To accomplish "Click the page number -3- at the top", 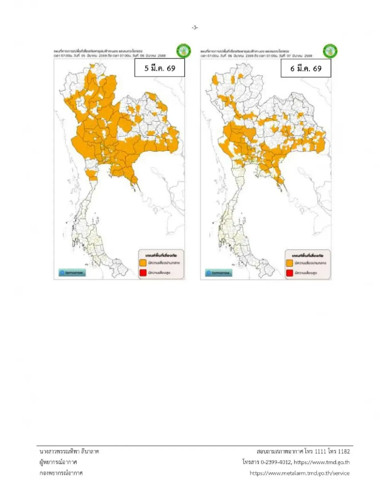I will [195, 28].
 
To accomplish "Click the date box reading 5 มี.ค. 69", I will [160, 68].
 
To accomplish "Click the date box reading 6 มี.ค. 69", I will [306, 68].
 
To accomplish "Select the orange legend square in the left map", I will [143, 263].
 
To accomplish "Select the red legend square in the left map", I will [143, 273].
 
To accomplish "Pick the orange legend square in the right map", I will [290, 263].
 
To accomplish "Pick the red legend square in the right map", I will [290, 273].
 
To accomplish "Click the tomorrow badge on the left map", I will [72, 273].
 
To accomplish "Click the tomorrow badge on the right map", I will [219, 273].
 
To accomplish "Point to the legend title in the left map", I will [161, 256].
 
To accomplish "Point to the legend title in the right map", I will [308, 256].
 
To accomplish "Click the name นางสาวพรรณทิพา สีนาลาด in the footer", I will [69, 451].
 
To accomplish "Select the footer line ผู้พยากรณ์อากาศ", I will [58, 462].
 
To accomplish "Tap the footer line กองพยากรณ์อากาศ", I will [61, 473].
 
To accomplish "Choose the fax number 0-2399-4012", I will [276, 462].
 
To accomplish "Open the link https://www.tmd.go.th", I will [322, 462].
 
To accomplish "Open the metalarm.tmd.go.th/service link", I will [300, 473].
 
